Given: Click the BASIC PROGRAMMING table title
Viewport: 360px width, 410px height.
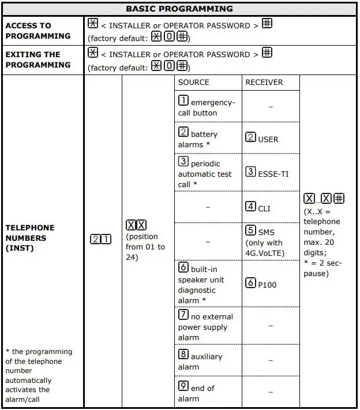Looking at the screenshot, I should pyautogui.click(x=179, y=9).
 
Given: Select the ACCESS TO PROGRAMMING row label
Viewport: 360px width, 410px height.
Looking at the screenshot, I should pyautogui.click(x=37, y=31).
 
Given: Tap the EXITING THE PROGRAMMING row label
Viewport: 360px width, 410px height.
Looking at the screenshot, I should pyautogui.click(x=37, y=59).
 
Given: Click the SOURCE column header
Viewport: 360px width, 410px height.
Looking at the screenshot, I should pyautogui.click(x=193, y=83).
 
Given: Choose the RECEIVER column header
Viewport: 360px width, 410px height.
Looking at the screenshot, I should pyautogui.click(x=264, y=83).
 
